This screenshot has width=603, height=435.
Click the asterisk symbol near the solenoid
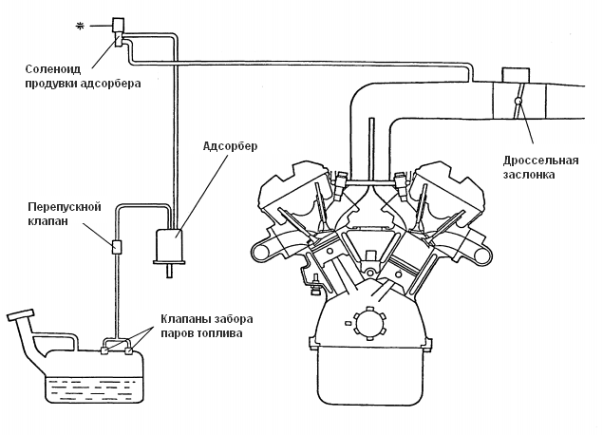[x=80, y=27]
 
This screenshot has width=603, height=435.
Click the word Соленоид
[x=53, y=69]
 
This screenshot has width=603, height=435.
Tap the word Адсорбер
[x=230, y=146]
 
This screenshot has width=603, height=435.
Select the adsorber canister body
[x=169, y=245]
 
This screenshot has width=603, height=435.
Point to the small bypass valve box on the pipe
[x=117, y=247]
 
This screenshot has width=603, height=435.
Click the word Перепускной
[x=65, y=207]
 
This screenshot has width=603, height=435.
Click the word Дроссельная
[x=540, y=160]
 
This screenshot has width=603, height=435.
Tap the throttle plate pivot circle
[x=518, y=101]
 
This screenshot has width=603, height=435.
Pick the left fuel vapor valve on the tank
[x=104, y=350]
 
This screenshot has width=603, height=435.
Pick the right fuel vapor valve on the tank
[x=129, y=350]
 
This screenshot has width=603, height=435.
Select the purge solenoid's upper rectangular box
[x=118, y=25]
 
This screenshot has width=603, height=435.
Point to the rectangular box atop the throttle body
[x=516, y=75]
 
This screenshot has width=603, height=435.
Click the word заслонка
[x=529, y=174]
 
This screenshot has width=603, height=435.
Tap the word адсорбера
[x=111, y=84]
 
